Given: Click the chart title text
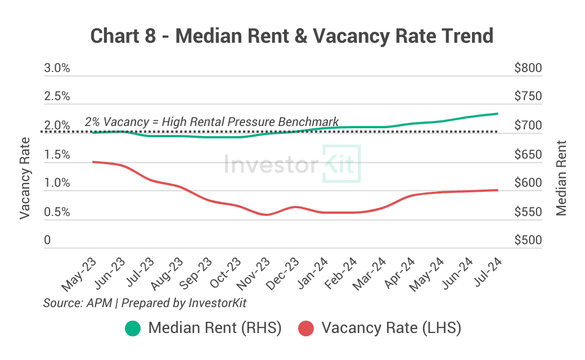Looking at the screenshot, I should (292, 36).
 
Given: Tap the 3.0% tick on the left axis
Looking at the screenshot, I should (57, 68).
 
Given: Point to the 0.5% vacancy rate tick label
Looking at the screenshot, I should (57, 212).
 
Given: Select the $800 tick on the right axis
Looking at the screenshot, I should (528, 68).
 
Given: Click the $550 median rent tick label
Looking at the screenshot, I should (528, 212).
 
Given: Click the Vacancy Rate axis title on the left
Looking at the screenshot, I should (25, 179).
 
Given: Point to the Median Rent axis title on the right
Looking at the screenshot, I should (561, 179).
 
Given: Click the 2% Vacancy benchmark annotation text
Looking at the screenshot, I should (212, 121).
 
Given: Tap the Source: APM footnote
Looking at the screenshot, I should (145, 303).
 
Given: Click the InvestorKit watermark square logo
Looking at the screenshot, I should (341, 164).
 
